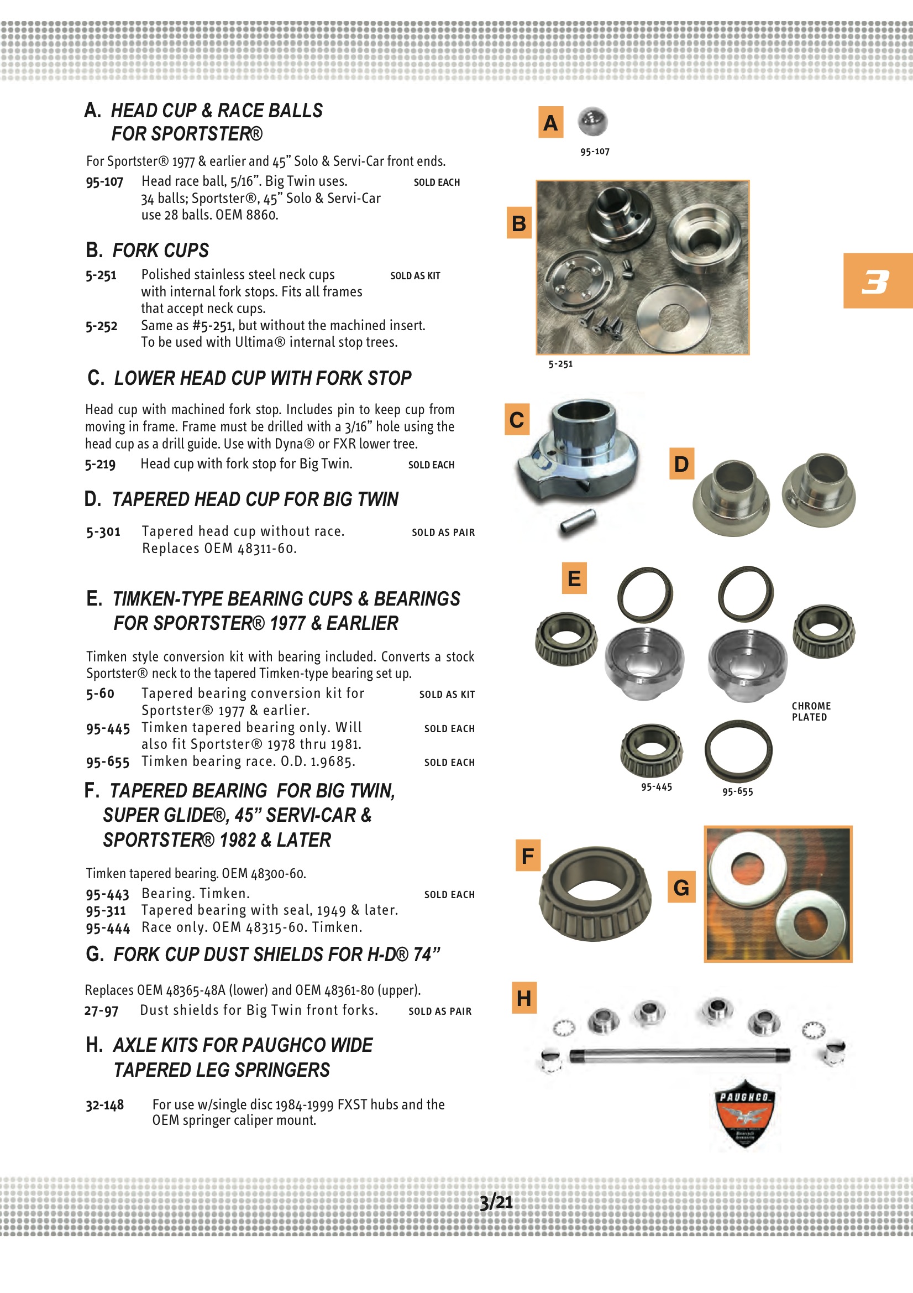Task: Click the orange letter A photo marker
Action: click(550, 122)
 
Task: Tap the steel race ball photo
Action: click(592, 121)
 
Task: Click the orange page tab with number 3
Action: click(877, 280)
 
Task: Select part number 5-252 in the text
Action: click(101, 326)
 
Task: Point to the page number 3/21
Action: click(496, 1202)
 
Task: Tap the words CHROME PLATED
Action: click(811, 711)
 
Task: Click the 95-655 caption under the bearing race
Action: click(737, 791)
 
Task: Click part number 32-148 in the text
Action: click(104, 1105)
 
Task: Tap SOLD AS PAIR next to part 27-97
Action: click(439, 1011)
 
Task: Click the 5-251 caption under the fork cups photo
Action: click(560, 364)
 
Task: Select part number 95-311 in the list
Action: click(106, 911)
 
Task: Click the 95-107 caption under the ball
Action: click(595, 152)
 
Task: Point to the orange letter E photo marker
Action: click(574, 578)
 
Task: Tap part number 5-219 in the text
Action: click(100, 464)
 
